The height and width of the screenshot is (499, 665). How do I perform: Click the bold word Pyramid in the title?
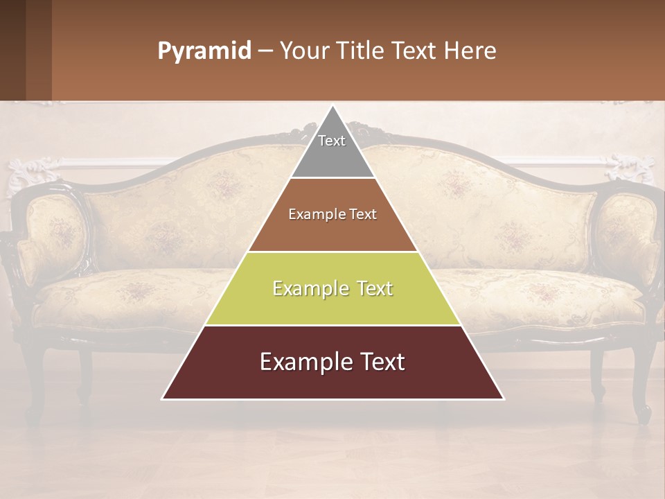(204, 51)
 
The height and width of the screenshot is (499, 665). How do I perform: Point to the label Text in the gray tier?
(332, 141)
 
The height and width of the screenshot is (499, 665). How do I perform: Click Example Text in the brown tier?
(332, 214)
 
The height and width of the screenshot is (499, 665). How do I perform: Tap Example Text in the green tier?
(332, 288)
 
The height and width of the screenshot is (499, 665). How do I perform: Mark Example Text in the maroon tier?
(332, 362)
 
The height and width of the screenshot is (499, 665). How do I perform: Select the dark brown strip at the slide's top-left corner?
(25, 50)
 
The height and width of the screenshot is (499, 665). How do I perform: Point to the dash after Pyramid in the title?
(265, 51)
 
